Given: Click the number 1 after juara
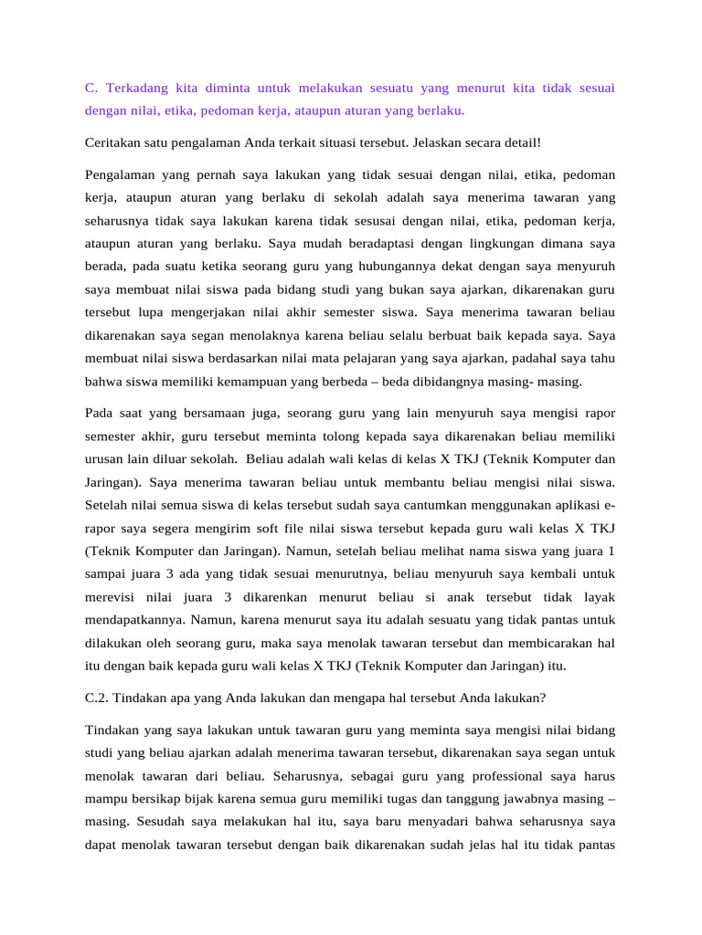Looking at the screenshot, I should [x=611, y=552].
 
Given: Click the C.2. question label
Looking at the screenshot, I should [x=99, y=699].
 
